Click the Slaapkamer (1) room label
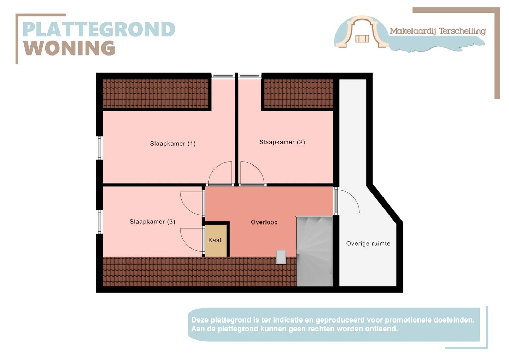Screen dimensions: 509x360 click(173, 144)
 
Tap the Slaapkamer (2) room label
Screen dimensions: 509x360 click(282, 142)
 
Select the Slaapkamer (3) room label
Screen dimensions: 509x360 click(152, 222)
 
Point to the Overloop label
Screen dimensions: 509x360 click(264, 222)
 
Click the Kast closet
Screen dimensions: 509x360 click(216, 240)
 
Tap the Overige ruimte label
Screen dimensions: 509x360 click(368, 244)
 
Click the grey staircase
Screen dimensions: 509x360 click(315, 251)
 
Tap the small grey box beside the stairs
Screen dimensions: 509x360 click(281, 257)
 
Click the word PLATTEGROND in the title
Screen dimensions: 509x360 click(99, 29)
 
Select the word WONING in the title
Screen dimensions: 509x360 click(69, 48)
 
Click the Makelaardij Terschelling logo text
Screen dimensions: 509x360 click(438, 31)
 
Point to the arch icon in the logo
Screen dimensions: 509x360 click(362, 31)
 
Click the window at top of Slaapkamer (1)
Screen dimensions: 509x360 click(223, 76)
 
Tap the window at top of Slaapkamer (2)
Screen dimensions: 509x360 click(250, 76)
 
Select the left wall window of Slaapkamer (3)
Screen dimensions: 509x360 click(99, 222)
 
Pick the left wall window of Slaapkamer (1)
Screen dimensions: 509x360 click(99, 148)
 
